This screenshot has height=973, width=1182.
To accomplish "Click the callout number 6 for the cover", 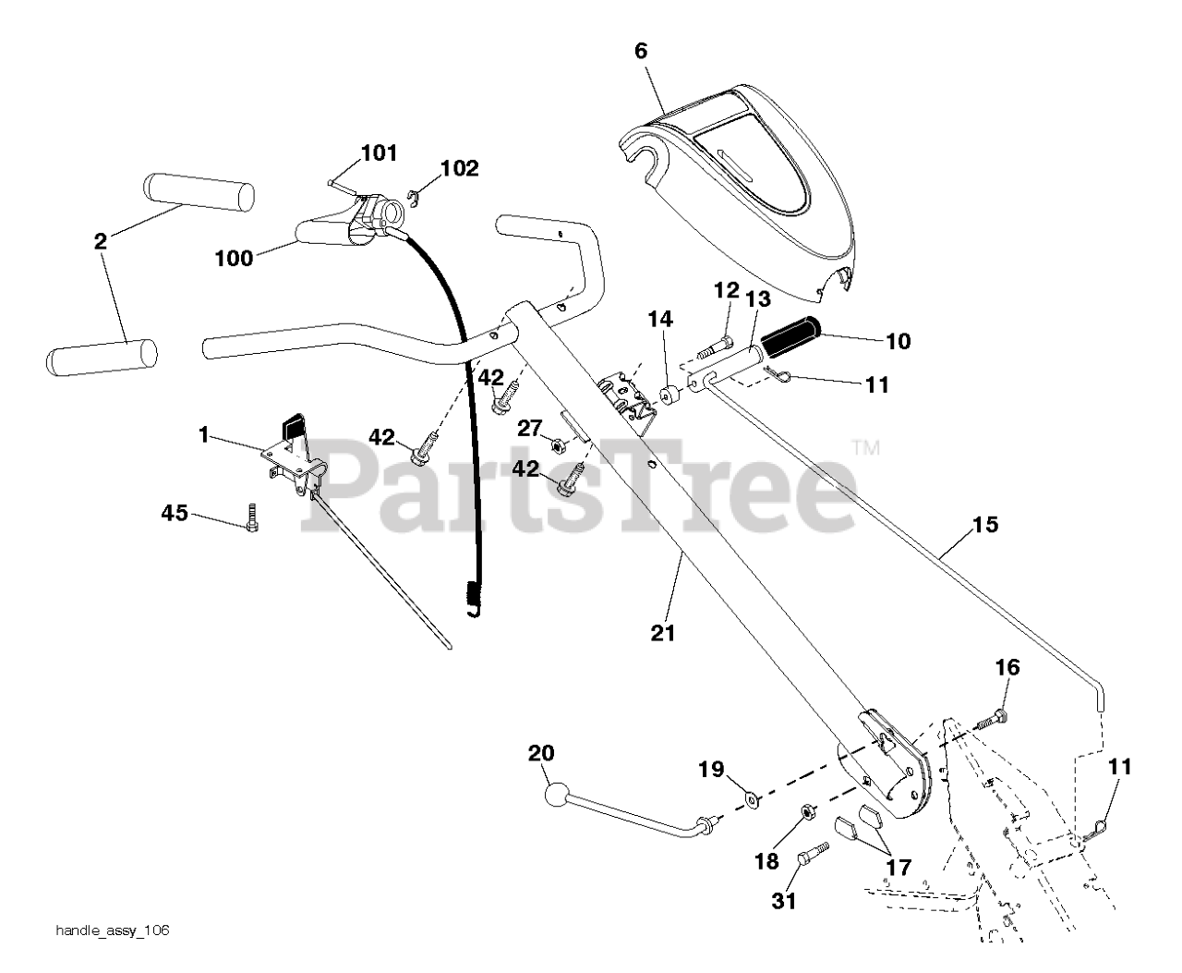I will coord(641,51).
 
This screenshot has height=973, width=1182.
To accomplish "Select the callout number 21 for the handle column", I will coord(663,633).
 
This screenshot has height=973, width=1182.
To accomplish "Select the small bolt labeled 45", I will coord(252,518).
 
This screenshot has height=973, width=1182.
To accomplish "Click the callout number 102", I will coord(459,168).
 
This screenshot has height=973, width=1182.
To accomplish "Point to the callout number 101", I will coord(379,152).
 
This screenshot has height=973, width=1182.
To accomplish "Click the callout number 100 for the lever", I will coord(233,258).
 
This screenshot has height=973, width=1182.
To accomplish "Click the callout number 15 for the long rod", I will coord(985,525).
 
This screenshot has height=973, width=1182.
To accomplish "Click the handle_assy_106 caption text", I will coord(111,930).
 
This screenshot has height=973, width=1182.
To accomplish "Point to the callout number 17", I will coord(898,868).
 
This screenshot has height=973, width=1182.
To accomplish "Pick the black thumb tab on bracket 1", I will coord(293,427).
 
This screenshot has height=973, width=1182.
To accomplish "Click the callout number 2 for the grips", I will coord(100,242).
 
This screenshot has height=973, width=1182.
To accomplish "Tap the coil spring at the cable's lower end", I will coord(475,594).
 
